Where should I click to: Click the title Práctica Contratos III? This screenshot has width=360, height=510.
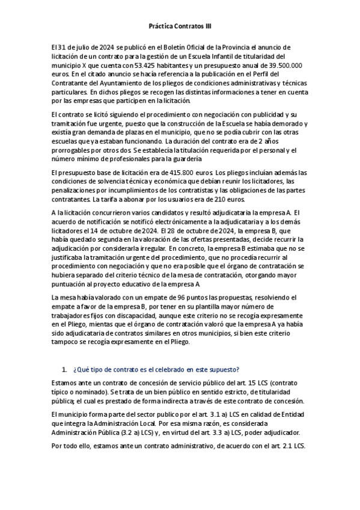(180, 26)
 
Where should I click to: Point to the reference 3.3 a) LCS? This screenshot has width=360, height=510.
(251, 431)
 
